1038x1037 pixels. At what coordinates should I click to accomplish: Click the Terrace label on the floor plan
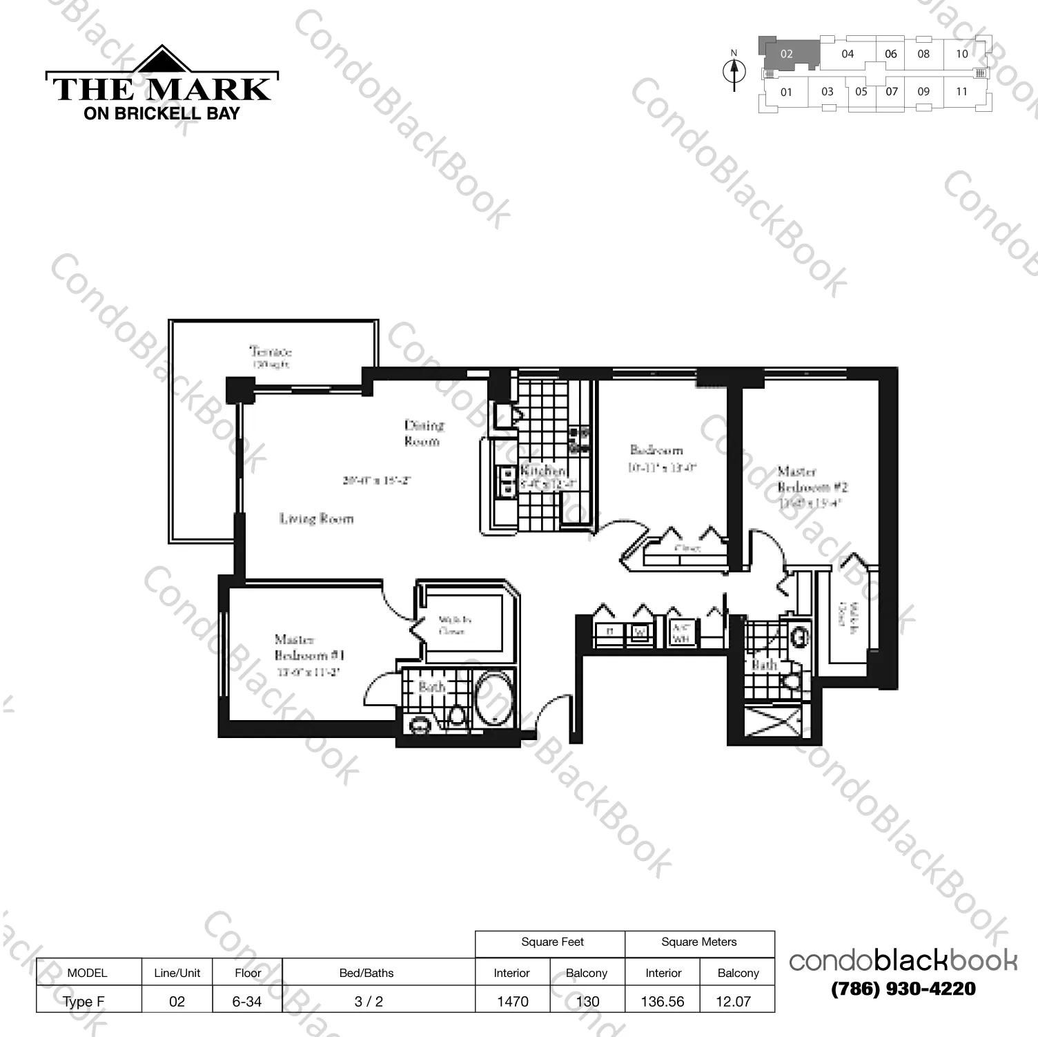271,351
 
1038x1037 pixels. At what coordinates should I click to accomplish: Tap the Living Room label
316,518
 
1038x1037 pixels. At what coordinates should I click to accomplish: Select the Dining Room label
423,433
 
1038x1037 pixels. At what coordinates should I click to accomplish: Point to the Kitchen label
542,470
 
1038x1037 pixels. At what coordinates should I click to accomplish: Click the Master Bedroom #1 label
309,648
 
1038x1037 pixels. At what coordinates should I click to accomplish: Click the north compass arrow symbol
734,71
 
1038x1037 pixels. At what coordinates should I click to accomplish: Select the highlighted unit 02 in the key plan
787,54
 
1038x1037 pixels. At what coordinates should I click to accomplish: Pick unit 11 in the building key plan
961,91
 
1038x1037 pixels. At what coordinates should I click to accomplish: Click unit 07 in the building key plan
892,91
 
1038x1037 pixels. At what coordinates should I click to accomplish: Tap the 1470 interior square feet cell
512,1001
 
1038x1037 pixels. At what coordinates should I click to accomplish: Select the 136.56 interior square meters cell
663,1001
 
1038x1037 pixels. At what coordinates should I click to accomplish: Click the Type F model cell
84,1001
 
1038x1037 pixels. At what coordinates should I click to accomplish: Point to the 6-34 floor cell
247,1001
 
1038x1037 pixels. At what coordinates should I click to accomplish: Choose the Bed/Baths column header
366,973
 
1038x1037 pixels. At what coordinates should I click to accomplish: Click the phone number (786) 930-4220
903,989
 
